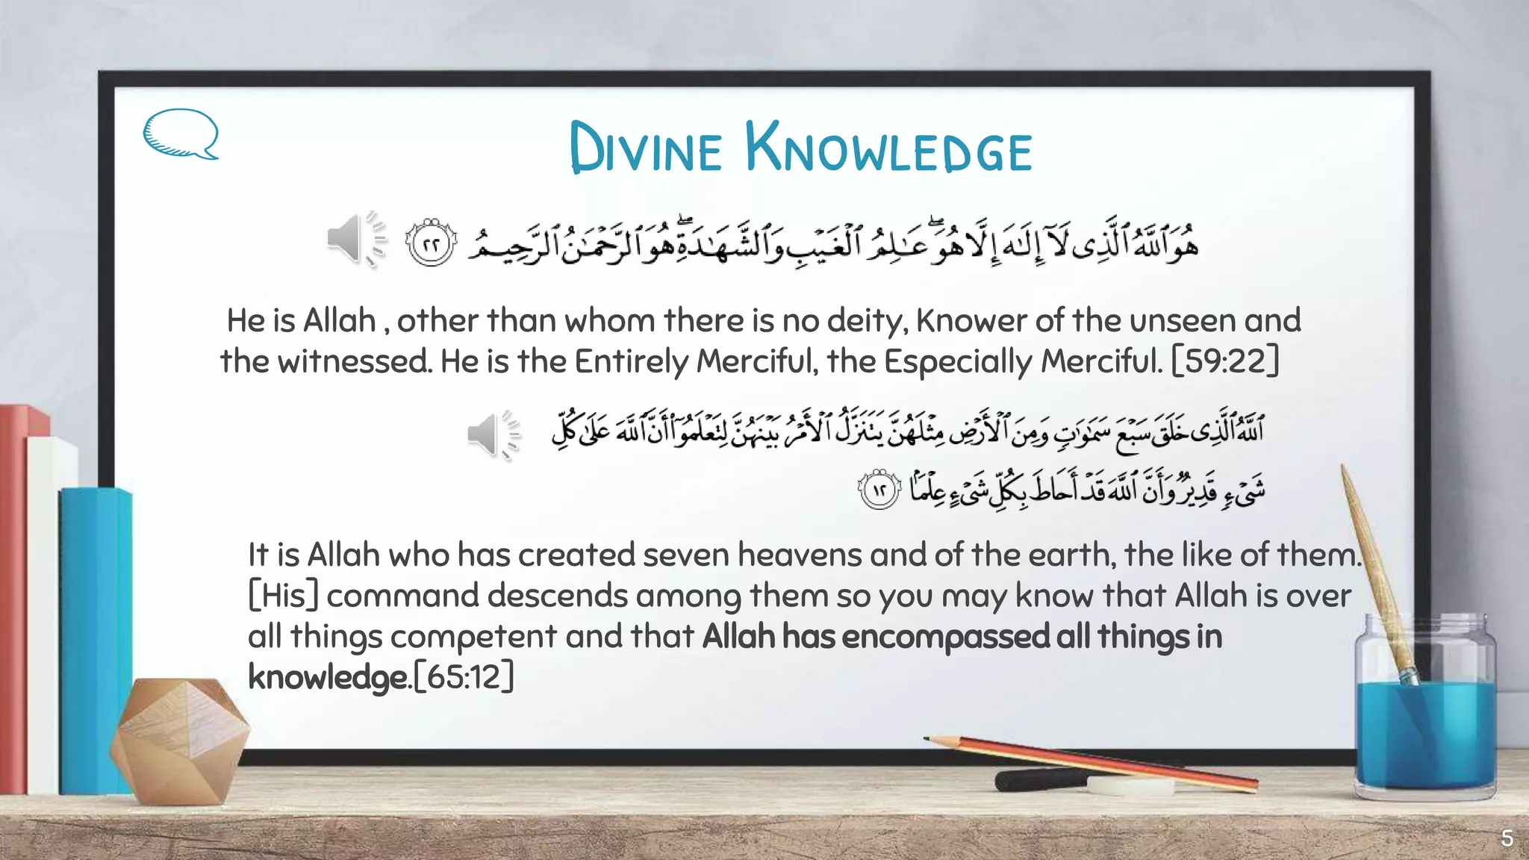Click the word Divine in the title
pos(646,149)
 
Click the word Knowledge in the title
pos(888,149)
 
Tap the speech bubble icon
pos(180,134)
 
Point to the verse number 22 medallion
pos(430,243)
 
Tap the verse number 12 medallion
pos(879,490)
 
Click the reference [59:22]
pos(1225,361)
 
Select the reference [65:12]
pos(464,677)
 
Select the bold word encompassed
pos(945,637)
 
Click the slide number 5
pos(1507,838)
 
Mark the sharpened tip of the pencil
pos(928,739)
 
